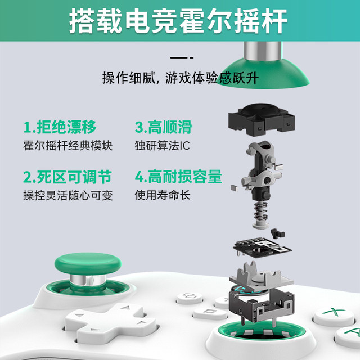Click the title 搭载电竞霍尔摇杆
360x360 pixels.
click(x=178, y=21)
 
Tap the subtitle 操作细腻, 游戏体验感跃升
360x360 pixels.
click(x=181, y=78)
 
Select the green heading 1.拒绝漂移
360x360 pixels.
click(x=60, y=127)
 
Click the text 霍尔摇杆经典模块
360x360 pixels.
click(x=68, y=146)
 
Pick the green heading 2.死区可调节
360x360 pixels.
click(x=67, y=177)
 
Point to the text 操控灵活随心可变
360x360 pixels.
click(x=68, y=195)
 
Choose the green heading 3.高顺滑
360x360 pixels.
click(x=163, y=127)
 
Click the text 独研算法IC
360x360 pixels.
click(x=163, y=146)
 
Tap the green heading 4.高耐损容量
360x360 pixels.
click(x=179, y=177)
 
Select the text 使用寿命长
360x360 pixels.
click(x=163, y=195)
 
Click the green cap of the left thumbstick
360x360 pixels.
click(x=88, y=264)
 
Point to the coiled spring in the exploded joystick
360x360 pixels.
click(x=261, y=213)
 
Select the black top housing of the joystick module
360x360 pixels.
click(x=262, y=119)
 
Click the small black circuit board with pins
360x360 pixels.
click(x=262, y=247)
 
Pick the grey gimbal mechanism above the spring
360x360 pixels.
click(x=260, y=170)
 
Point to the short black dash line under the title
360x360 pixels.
click(x=182, y=57)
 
